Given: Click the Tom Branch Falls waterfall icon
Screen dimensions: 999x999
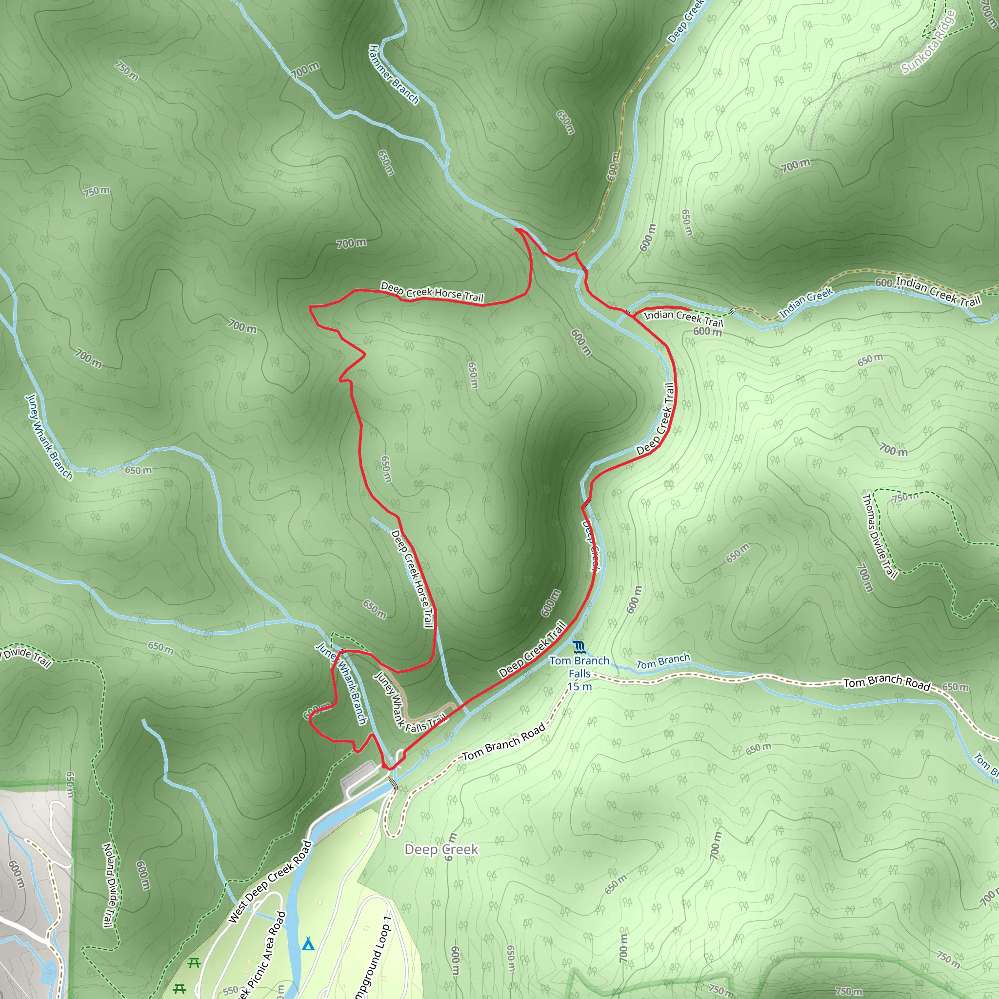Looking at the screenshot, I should click(579, 646).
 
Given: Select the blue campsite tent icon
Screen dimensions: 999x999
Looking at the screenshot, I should click(308, 944).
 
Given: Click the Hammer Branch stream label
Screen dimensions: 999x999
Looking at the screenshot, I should click(393, 75).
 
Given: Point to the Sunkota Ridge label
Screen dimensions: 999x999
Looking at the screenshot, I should click(928, 42).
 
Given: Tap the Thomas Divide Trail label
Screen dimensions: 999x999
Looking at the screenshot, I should click(879, 535).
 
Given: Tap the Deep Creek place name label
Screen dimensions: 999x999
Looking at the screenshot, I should click(441, 850).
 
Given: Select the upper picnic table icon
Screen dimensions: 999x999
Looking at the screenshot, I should click(194, 963).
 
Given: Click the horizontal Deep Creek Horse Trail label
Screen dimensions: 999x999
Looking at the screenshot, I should click(432, 292).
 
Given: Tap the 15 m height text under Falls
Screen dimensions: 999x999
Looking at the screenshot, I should click(579, 687).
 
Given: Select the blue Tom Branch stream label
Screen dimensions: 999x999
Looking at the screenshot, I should click(663, 661).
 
